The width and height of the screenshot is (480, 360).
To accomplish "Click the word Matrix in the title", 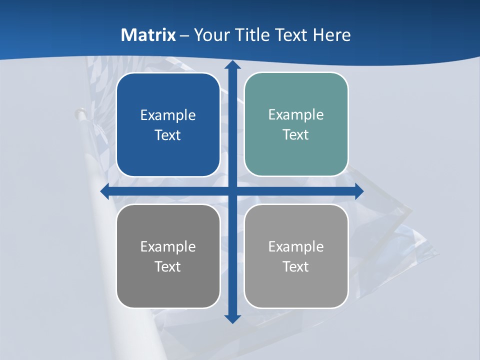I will (148, 35).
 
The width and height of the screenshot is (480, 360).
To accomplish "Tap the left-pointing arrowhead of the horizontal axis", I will (105, 191).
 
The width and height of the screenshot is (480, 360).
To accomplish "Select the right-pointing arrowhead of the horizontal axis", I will (359, 191).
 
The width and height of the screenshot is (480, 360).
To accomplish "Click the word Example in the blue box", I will (168, 115).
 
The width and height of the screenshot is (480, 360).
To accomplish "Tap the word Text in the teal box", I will (296, 135).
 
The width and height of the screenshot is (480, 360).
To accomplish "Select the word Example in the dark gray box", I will (168, 246).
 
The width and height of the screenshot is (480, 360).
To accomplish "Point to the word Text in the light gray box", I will (296, 266).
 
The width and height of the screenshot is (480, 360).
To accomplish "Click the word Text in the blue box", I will (168, 135).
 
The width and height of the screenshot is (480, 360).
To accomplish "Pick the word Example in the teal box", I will (296, 115).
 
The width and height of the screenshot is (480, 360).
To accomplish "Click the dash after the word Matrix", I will (184, 35).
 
